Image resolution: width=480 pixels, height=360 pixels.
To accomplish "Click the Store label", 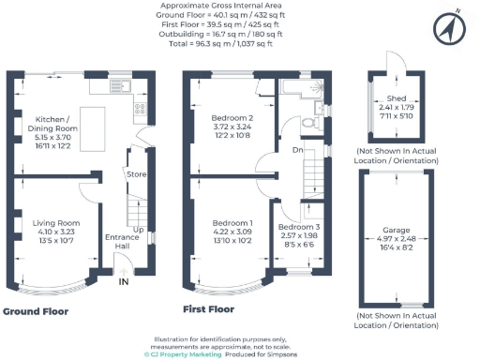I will coord(137,173).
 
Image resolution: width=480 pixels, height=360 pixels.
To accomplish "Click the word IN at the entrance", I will coord(124,279).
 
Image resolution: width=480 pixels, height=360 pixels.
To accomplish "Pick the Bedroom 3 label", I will coord(299,228).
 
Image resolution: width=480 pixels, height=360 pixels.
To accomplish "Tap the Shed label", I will coord(396,97).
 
